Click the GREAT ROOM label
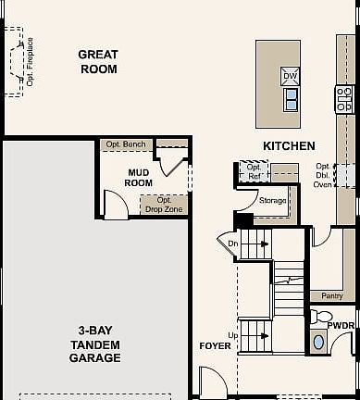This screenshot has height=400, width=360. point(97,62)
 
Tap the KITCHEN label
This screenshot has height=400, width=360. point(289,146)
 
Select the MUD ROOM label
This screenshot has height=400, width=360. point(139,177)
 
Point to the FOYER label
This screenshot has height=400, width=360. point(215,346)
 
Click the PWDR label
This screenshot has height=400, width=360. point(343,325)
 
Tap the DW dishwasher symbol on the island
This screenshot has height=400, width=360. point(290,76)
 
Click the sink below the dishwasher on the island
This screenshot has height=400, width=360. point(290,98)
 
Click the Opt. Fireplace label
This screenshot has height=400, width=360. point(30,62)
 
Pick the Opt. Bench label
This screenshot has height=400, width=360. point(125,144)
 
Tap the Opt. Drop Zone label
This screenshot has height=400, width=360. point(164,205)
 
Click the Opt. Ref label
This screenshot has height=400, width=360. point(252,171)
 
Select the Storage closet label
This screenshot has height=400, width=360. point(272,200)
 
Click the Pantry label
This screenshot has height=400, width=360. point(332,296)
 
